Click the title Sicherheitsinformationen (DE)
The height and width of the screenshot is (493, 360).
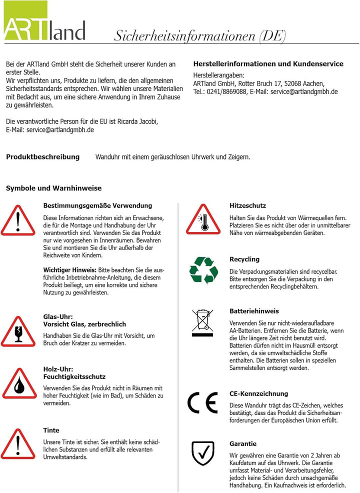point(200,36)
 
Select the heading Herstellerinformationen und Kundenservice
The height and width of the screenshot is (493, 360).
point(268,64)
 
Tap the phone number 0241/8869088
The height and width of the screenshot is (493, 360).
point(226,91)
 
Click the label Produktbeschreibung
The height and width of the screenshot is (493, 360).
point(42,157)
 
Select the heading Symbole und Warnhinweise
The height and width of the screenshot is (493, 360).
point(53,188)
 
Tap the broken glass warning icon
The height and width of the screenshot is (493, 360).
point(18,331)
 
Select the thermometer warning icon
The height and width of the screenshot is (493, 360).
point(203,220)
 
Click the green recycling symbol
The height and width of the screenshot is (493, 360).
point(203,270)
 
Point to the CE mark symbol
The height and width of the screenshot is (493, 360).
point(202,402)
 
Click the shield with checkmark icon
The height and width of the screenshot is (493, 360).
point(203,453)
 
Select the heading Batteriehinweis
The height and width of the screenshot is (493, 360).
point(254,311)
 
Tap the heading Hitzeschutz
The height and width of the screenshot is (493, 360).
point(247,205)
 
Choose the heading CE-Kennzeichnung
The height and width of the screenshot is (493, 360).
point(258,394)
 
